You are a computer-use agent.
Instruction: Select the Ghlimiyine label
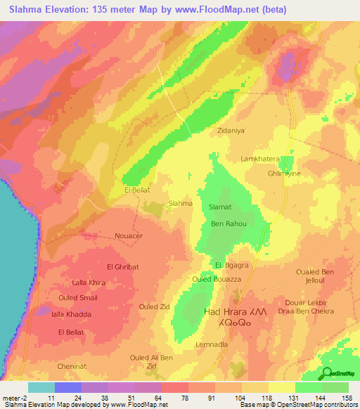coord(281,173)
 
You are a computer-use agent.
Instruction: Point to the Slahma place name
coord(181,203)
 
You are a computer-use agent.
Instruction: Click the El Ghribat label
coord(122,267)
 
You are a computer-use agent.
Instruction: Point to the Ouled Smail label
coord(79,298)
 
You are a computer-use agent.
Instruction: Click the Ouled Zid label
coord(154,307)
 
